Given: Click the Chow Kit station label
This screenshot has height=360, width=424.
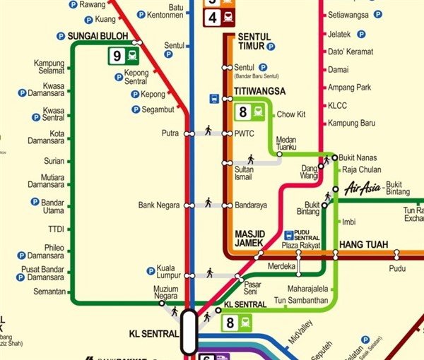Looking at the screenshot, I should [x=290, y=114].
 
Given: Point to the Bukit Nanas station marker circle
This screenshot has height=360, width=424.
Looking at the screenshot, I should [x=335, y=157].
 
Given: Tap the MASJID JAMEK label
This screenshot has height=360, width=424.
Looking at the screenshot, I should [x=249, y=238].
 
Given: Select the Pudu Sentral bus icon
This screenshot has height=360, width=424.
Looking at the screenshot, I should [x=289, y=234].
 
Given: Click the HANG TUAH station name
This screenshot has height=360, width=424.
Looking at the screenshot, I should [x=363, y=244].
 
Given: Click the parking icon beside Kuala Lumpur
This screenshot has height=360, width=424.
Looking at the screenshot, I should [x=151, y=270].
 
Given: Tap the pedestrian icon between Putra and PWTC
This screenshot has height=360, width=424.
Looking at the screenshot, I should [x=208, y=131].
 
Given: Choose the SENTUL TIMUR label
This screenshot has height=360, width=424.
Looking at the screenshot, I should [x=254, y=41].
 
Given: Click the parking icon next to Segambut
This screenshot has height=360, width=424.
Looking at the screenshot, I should [x=136, y=109].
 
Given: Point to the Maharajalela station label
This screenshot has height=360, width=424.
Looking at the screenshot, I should [x=309, y=289].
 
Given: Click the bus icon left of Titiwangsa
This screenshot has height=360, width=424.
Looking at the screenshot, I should [x=213, y=98].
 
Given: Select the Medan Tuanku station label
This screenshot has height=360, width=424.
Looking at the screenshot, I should [x=285, y=143].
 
